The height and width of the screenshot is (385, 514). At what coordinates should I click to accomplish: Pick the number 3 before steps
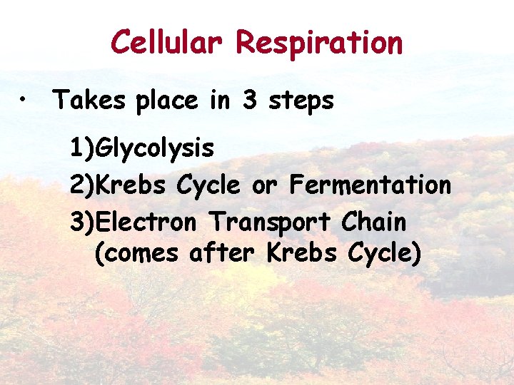point(249,101)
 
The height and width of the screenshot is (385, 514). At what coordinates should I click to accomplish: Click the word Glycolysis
point(155,149)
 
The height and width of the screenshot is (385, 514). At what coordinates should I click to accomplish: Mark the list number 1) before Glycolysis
point(82,149)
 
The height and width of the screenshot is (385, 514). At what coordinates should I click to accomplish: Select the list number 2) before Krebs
point(83,185)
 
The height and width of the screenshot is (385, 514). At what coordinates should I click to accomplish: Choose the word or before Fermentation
point(263,186)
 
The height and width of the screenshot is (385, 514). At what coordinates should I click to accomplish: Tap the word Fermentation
point(370,185)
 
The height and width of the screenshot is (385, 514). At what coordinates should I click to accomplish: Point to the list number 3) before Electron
point(83,222)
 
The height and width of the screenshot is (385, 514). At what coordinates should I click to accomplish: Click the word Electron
point(146,222)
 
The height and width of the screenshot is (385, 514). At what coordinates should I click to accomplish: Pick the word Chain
point(373,222)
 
